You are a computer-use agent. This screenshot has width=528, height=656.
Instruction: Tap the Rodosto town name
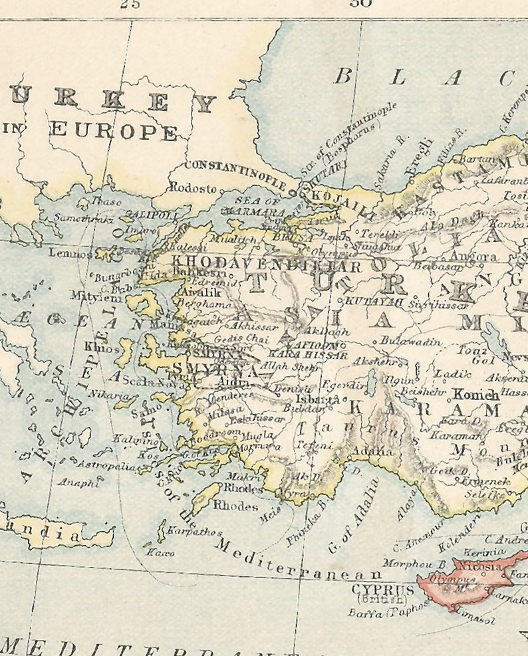pos(193,188)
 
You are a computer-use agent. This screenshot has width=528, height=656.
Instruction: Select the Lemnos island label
pos(70,253)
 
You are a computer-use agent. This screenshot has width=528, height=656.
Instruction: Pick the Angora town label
pos(473,257)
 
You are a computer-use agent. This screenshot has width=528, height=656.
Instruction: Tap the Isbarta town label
pos(322,400)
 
